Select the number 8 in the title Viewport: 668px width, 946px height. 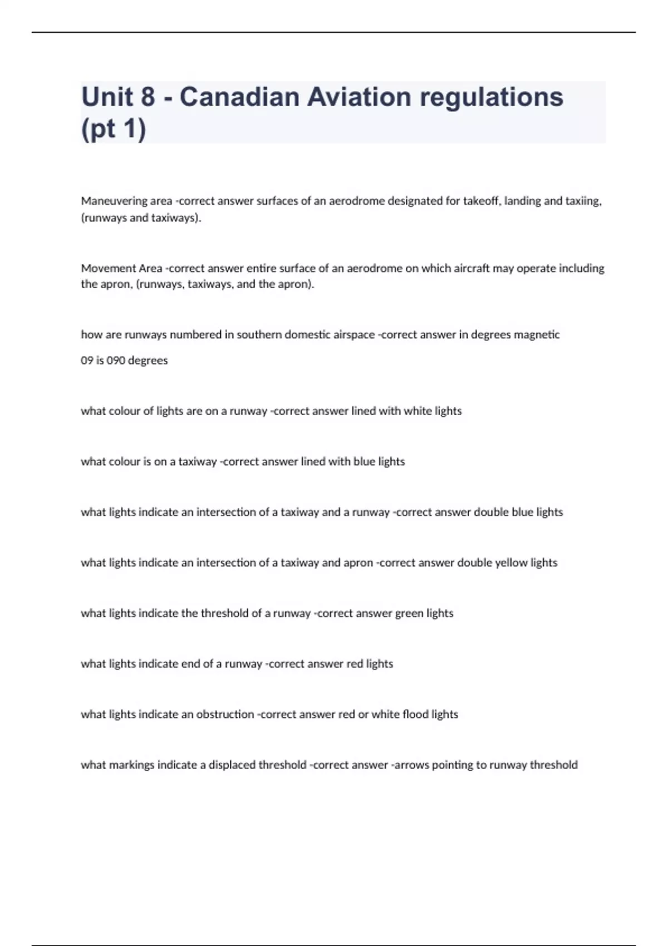pos(148,97)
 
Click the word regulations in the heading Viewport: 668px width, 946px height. pos(492,97)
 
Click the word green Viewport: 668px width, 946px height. pos(409,613)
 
